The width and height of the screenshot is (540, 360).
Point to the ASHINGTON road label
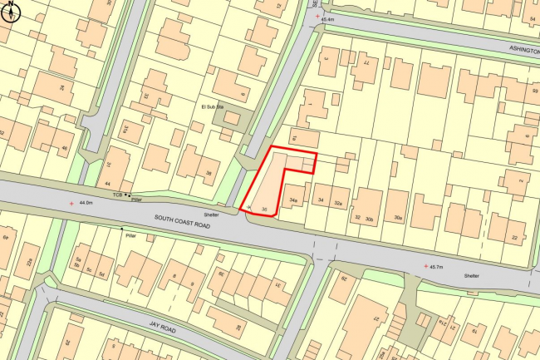click(x=523, y=50)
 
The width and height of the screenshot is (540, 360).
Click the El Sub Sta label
click(x=214, y=107)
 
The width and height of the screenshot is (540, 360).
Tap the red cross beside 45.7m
click(x=426, y=266)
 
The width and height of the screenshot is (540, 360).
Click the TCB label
click(x=118, y=194)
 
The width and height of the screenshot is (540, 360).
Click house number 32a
click(x=338, y=202)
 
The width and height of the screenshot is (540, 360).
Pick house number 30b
click(x=370, y=218)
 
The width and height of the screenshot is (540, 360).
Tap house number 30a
click(x=399, y=218)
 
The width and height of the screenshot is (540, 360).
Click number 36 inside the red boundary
click(x=264, y=208)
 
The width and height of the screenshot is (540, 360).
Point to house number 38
click(x=209, y=174)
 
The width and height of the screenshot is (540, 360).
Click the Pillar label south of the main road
click(x=130, y=236)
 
